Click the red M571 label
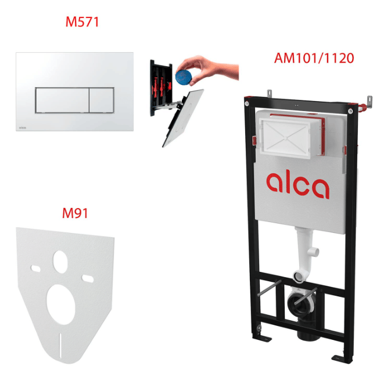click(x=82, y=22)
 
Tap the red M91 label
click(x=75, y=213)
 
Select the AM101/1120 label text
click(x=314, y=58)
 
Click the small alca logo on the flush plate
click(x=23, y=128)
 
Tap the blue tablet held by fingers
click(x=184, y=77)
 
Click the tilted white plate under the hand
click(x=183, y=117)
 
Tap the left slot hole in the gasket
click(x=35, y=268)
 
